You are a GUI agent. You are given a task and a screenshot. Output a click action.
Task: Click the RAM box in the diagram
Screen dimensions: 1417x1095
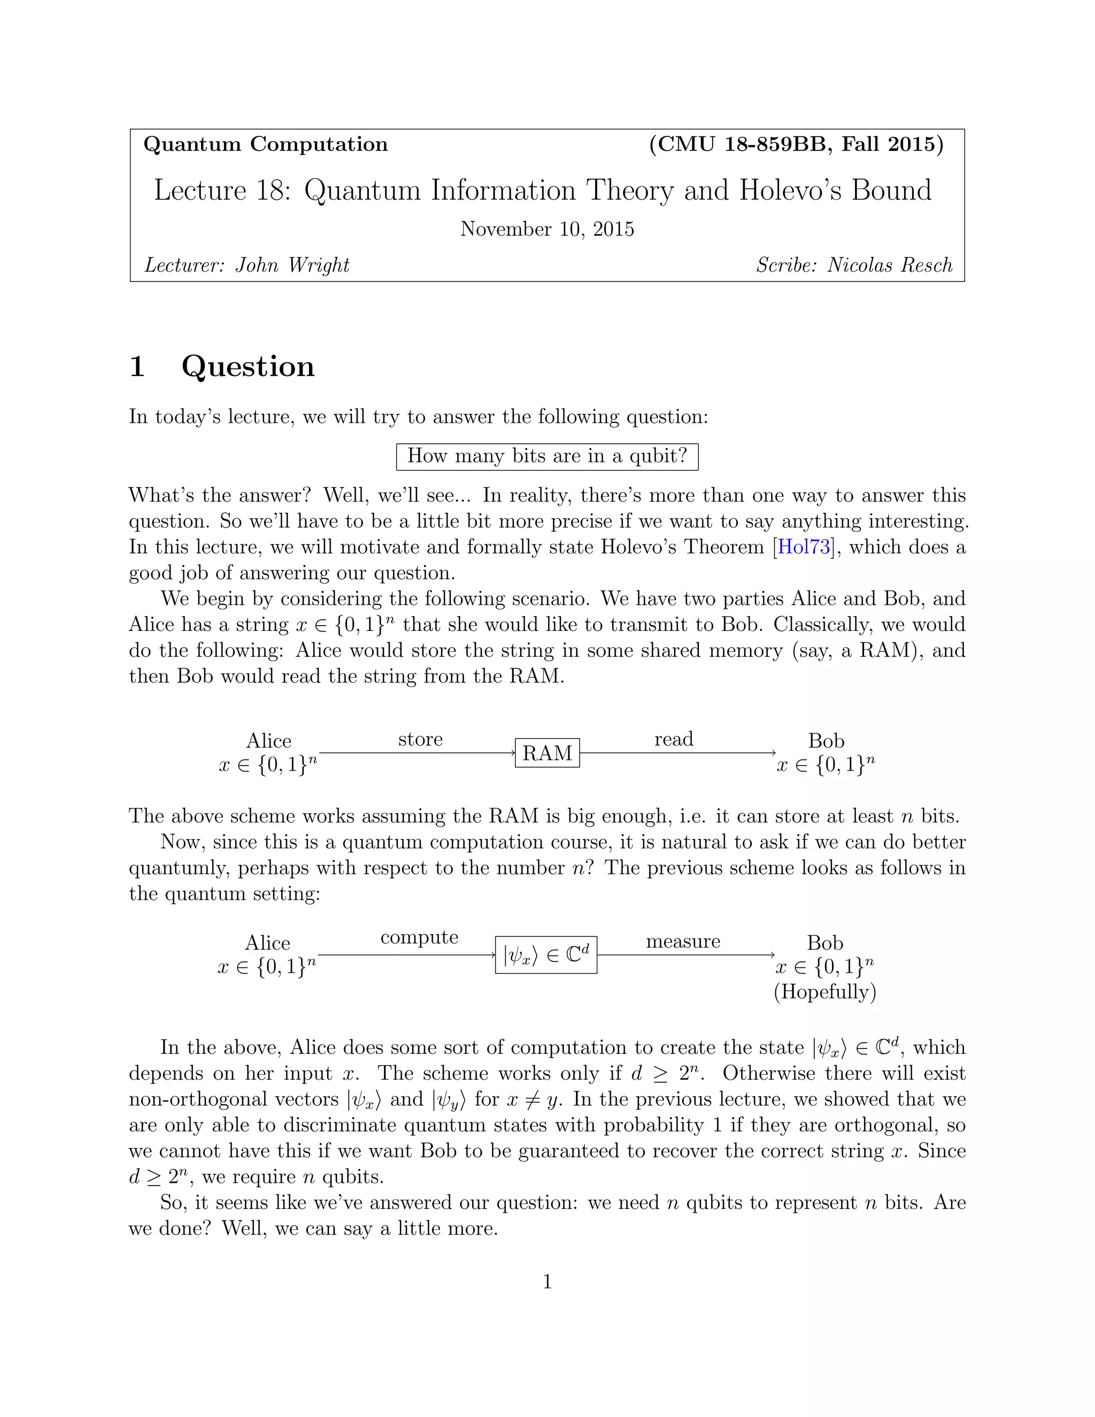(547, 753)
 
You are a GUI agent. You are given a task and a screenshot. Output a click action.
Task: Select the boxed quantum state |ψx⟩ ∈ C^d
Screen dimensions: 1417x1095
(545, 954)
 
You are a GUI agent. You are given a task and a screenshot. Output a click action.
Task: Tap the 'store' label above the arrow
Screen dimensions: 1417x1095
(420, 739)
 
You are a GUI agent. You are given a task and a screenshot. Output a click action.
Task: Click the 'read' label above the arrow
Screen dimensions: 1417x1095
(673, 739)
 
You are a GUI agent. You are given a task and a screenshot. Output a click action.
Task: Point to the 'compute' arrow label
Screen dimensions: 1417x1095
(419, 937)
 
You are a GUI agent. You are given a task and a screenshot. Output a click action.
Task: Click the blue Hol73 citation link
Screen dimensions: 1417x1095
(804, 547)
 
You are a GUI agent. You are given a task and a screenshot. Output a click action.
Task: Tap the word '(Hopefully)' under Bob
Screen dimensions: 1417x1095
(824, 991)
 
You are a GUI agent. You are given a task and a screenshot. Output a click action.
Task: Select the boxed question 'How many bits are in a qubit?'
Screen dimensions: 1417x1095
(547, 456)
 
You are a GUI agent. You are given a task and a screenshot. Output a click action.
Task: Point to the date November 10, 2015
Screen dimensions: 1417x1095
(547, 229)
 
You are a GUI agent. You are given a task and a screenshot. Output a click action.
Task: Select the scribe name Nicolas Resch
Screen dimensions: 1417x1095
(889, 265)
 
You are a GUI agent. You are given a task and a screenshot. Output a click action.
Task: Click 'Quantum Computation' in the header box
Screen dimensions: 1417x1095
(265, 144)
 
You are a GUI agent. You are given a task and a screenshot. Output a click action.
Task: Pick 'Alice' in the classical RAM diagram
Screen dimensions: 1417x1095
(268, 740)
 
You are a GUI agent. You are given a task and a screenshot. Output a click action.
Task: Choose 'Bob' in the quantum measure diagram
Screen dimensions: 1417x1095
(824, 942)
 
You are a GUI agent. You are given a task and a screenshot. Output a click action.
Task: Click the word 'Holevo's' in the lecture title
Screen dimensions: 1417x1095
(790, 190)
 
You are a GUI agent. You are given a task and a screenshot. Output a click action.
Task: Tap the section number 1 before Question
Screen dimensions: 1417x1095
(137, 367)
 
